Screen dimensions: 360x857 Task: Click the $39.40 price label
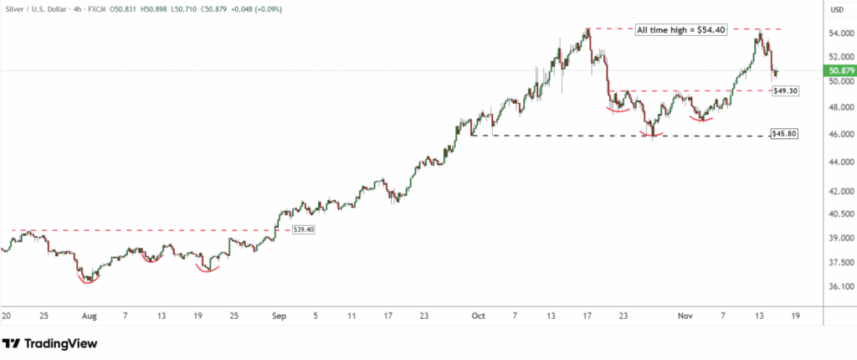point(303,229)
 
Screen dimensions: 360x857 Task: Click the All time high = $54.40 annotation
point(680,30)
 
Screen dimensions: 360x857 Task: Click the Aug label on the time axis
point(90,316)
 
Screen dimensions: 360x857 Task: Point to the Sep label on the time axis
point(280,316)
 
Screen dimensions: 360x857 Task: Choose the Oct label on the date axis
point(478,316)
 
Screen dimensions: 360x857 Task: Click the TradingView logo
point(50,343)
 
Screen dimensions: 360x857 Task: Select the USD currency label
point(835,10)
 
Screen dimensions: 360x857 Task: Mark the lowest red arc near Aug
point(88,279)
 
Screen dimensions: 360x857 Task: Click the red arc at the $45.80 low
point(653,133)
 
